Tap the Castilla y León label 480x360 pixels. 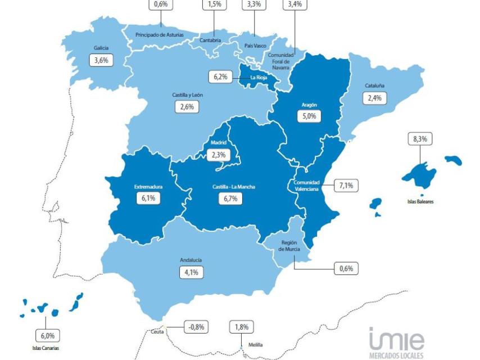coord(187,95)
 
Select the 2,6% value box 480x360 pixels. coord(187,107)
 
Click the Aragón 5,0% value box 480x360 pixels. coord(309,116)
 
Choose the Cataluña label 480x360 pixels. coord(374,85)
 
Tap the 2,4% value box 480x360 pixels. coord(374,97)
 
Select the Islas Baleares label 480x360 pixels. coord(421,200)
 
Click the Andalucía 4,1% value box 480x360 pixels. coord(191,272)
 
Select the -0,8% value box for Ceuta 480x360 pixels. coord(196,326)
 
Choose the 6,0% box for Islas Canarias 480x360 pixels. coord(47,335)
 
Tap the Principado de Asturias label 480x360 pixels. coord(160,35)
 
